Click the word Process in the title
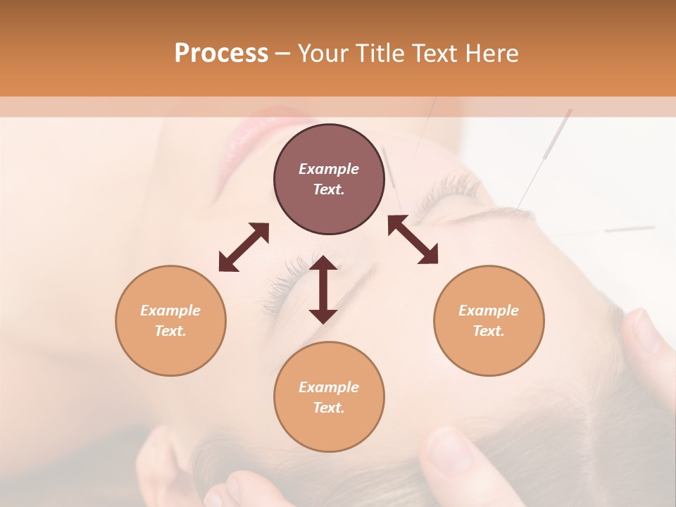pyautogui.click(x=221, y=54)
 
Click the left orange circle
pyautogui.click(x=170, y=320)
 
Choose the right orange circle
pyautogui.click(x=488, y=320)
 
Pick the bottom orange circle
pyautogui.click(x=329, y=396)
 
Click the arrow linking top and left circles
pyautogui.click(x=244, y=247)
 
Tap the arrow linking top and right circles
pyautogui.click(x=413, y=240)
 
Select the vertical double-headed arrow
pyautogui.click(x=323, y=289)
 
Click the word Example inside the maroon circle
pyautogui.click(x=329, y=169)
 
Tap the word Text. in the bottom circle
pyautogui.click(x=329, y=408)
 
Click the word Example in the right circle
pyautogui.click(x=488, y=311)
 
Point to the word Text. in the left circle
pyautogui.click(x=170, y=331)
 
